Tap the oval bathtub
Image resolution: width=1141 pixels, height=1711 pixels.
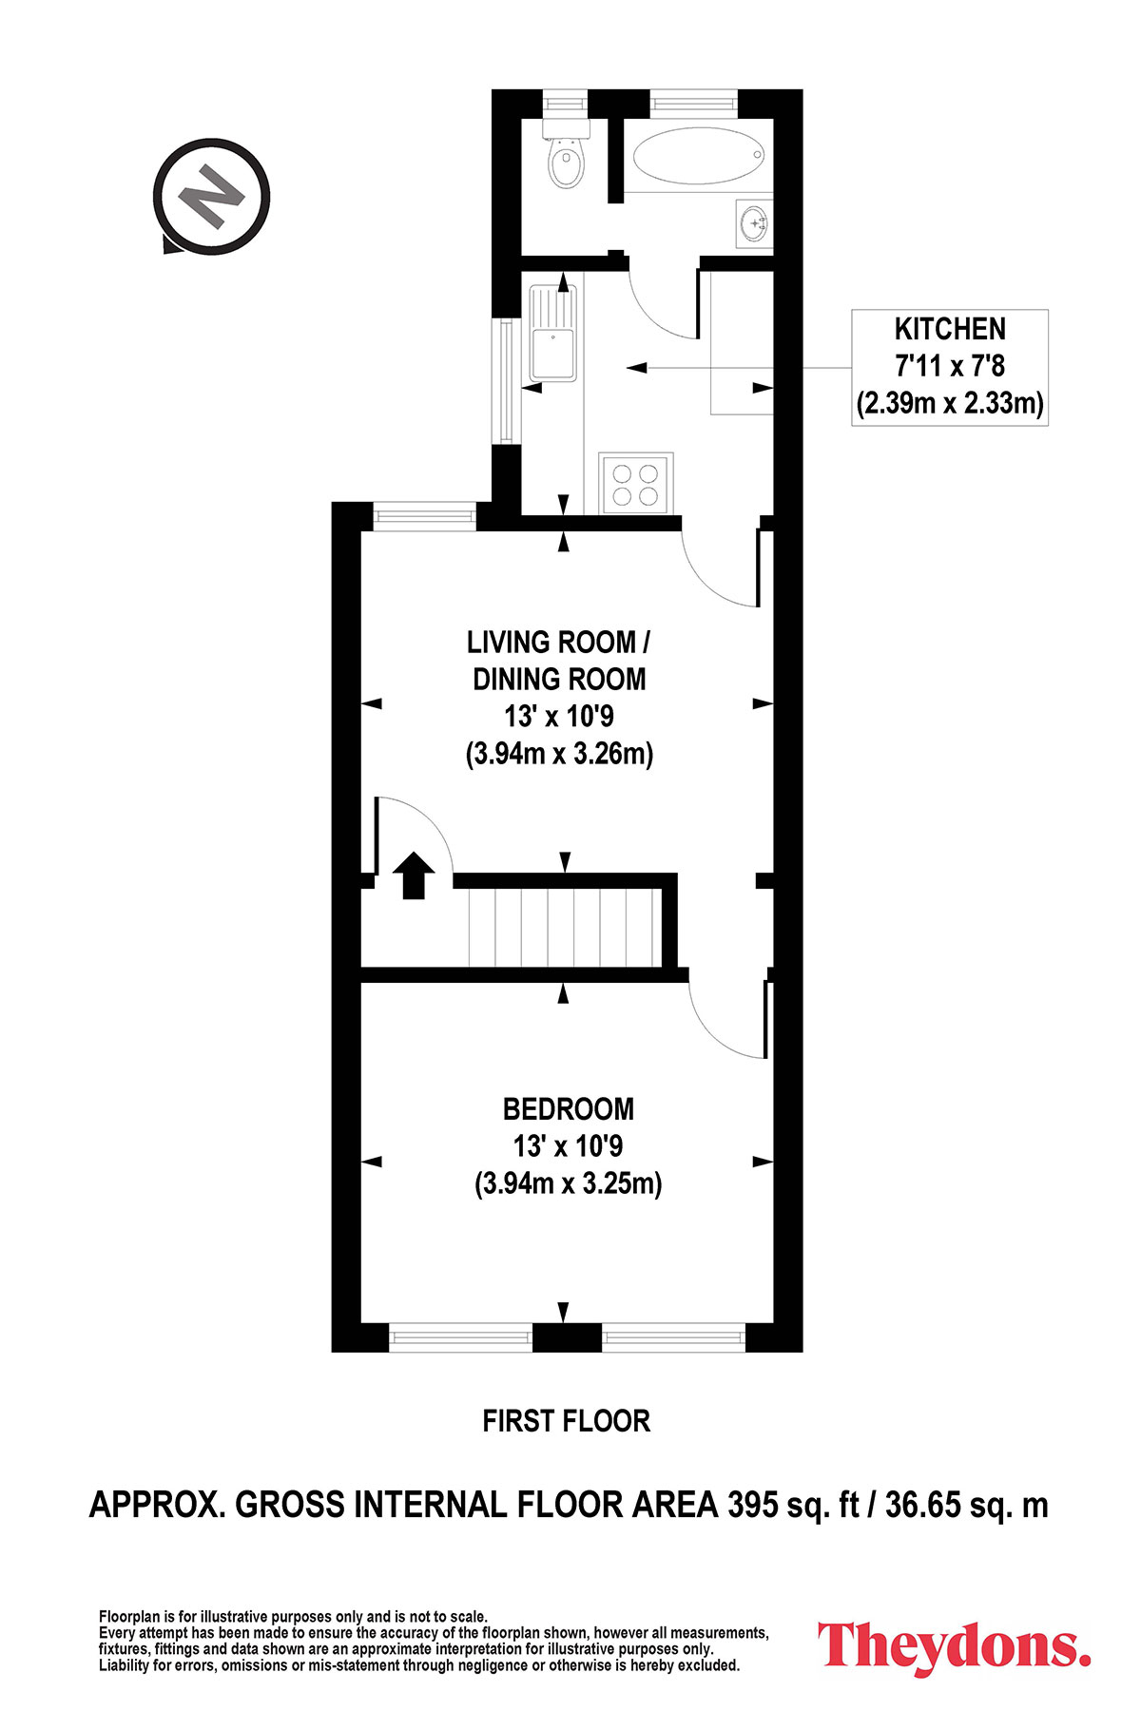coord(698,156)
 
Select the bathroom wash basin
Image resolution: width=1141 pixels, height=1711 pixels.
coord(755,223)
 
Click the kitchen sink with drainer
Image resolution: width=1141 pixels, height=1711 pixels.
coord(553,333)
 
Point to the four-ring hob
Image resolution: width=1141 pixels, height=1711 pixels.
coord(636,484)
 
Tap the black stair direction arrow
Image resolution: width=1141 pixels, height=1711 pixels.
coord(414,875)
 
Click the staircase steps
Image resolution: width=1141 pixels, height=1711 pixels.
coord(565,927)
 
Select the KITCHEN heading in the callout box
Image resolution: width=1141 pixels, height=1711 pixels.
coord(950,329)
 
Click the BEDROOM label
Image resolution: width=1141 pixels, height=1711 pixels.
coord(569,1108)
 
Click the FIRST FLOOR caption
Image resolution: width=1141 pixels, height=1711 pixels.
coord(567,1421)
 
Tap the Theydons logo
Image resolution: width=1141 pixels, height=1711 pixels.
coord(955,1645)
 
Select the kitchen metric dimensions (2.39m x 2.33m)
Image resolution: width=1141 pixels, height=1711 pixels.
coord(950,404)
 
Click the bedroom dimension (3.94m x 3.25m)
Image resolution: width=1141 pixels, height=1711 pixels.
coord(569,1184)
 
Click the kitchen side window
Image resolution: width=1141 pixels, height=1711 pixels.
coord(507,379)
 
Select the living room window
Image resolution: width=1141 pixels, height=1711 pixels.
coord(424,516)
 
